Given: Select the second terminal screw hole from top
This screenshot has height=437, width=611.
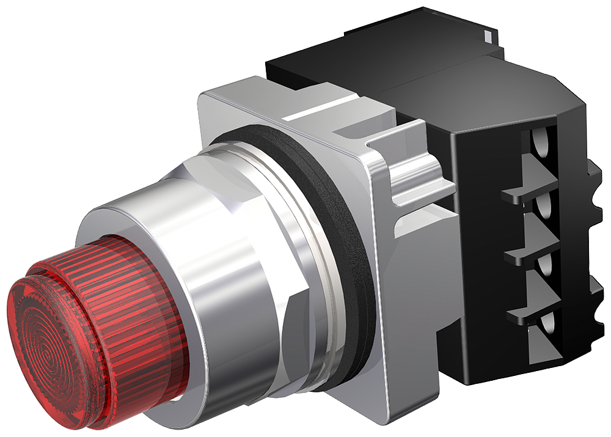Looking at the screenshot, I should pyautogui.click(x=543, y=208).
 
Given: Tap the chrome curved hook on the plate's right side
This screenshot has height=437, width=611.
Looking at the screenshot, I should pyautogui.click(x=415, y=171).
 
